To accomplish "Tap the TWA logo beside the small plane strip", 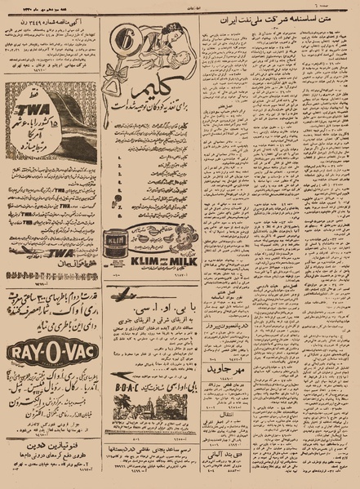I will click(x=59, y=253).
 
